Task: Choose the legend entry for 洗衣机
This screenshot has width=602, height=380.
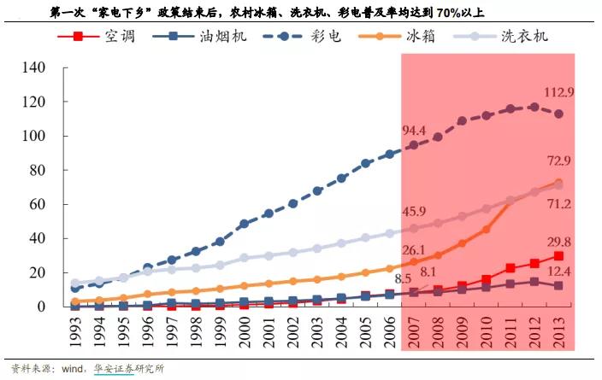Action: pyautogui.click(x=520, y=37)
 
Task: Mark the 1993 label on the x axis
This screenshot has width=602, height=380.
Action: pyautogui.click(x=76, y=333)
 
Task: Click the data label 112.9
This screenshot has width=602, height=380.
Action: pyautogui.click(x=555, y=91)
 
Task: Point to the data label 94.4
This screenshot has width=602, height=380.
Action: pyautogui.click(x=414, y=131)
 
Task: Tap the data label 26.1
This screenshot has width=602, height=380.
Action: pyautogui.click(x=414, y=249)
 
